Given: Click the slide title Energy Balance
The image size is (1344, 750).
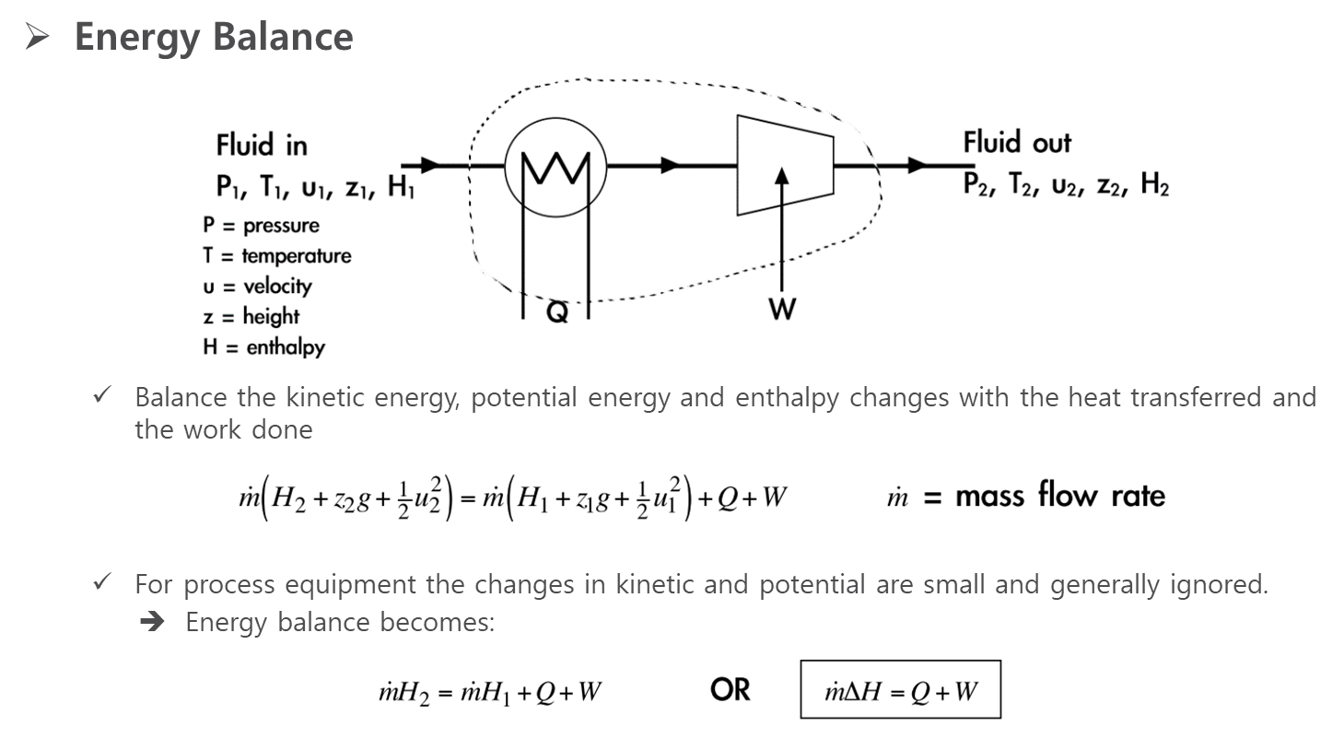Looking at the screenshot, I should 213,38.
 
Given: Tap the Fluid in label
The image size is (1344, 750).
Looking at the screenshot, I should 262,146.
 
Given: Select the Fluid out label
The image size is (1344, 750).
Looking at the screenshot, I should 1017,143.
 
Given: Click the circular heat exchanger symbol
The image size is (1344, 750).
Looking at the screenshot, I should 555,167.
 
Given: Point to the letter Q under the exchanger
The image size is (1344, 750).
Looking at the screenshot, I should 557,313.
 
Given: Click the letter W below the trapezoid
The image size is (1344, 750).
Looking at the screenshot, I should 781,309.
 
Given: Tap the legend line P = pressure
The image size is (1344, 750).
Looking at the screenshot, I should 262,226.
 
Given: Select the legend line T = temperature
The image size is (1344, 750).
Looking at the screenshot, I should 277,256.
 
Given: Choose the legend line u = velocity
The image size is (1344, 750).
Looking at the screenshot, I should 258,287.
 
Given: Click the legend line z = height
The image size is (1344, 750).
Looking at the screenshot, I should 251,317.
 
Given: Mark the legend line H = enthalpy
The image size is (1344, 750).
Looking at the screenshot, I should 263,347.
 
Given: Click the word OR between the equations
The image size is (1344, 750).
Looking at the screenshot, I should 730,690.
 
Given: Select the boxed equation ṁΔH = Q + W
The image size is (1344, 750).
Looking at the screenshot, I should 901,691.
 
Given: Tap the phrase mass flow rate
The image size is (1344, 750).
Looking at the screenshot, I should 1059,497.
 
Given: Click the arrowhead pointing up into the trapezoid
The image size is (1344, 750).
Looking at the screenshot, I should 782,176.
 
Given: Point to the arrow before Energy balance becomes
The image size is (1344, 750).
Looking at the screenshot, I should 152,623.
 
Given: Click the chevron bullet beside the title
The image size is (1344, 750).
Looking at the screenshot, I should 38,37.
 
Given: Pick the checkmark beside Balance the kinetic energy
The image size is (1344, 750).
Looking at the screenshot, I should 102,395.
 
